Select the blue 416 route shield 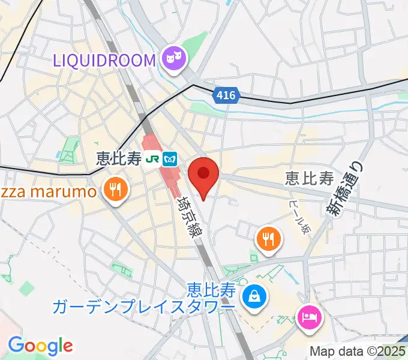point(226,95)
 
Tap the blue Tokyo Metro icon point(172,159)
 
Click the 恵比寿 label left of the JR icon point(119,159)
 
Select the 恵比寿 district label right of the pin point(309,178)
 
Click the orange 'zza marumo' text point(49,192)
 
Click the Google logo point(40,346)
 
